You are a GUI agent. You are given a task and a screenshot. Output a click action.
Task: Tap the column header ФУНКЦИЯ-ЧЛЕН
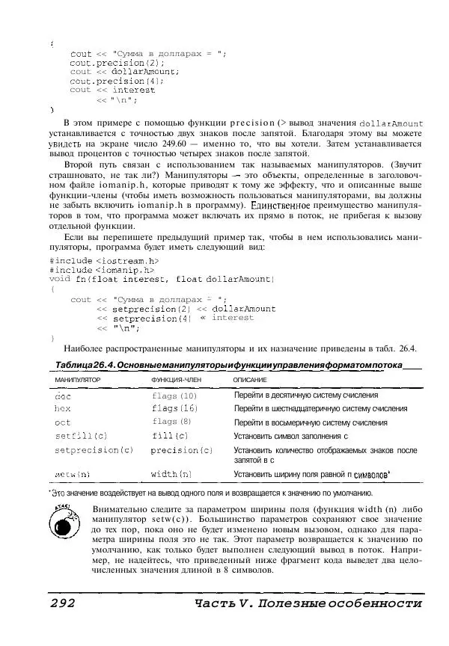tap(174, 381)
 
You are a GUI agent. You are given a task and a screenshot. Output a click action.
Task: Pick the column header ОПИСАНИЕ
tap(250, 381)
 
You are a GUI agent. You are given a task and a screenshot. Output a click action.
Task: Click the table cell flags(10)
tap(174, 396)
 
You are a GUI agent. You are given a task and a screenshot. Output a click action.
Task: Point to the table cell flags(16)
tap(174, 409)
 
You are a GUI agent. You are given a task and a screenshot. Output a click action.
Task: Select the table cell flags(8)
tap(171, 422)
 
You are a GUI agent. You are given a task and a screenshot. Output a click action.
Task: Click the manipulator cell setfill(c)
tap(81, 436)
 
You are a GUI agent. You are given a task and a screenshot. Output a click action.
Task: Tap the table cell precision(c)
tap(182, 450)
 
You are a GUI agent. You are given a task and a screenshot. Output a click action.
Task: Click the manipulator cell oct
tap(63, 422)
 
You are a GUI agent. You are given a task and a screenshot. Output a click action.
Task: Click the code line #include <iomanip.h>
tap(102, 269)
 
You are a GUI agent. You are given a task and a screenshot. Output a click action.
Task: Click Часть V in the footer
tap(222, 603)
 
